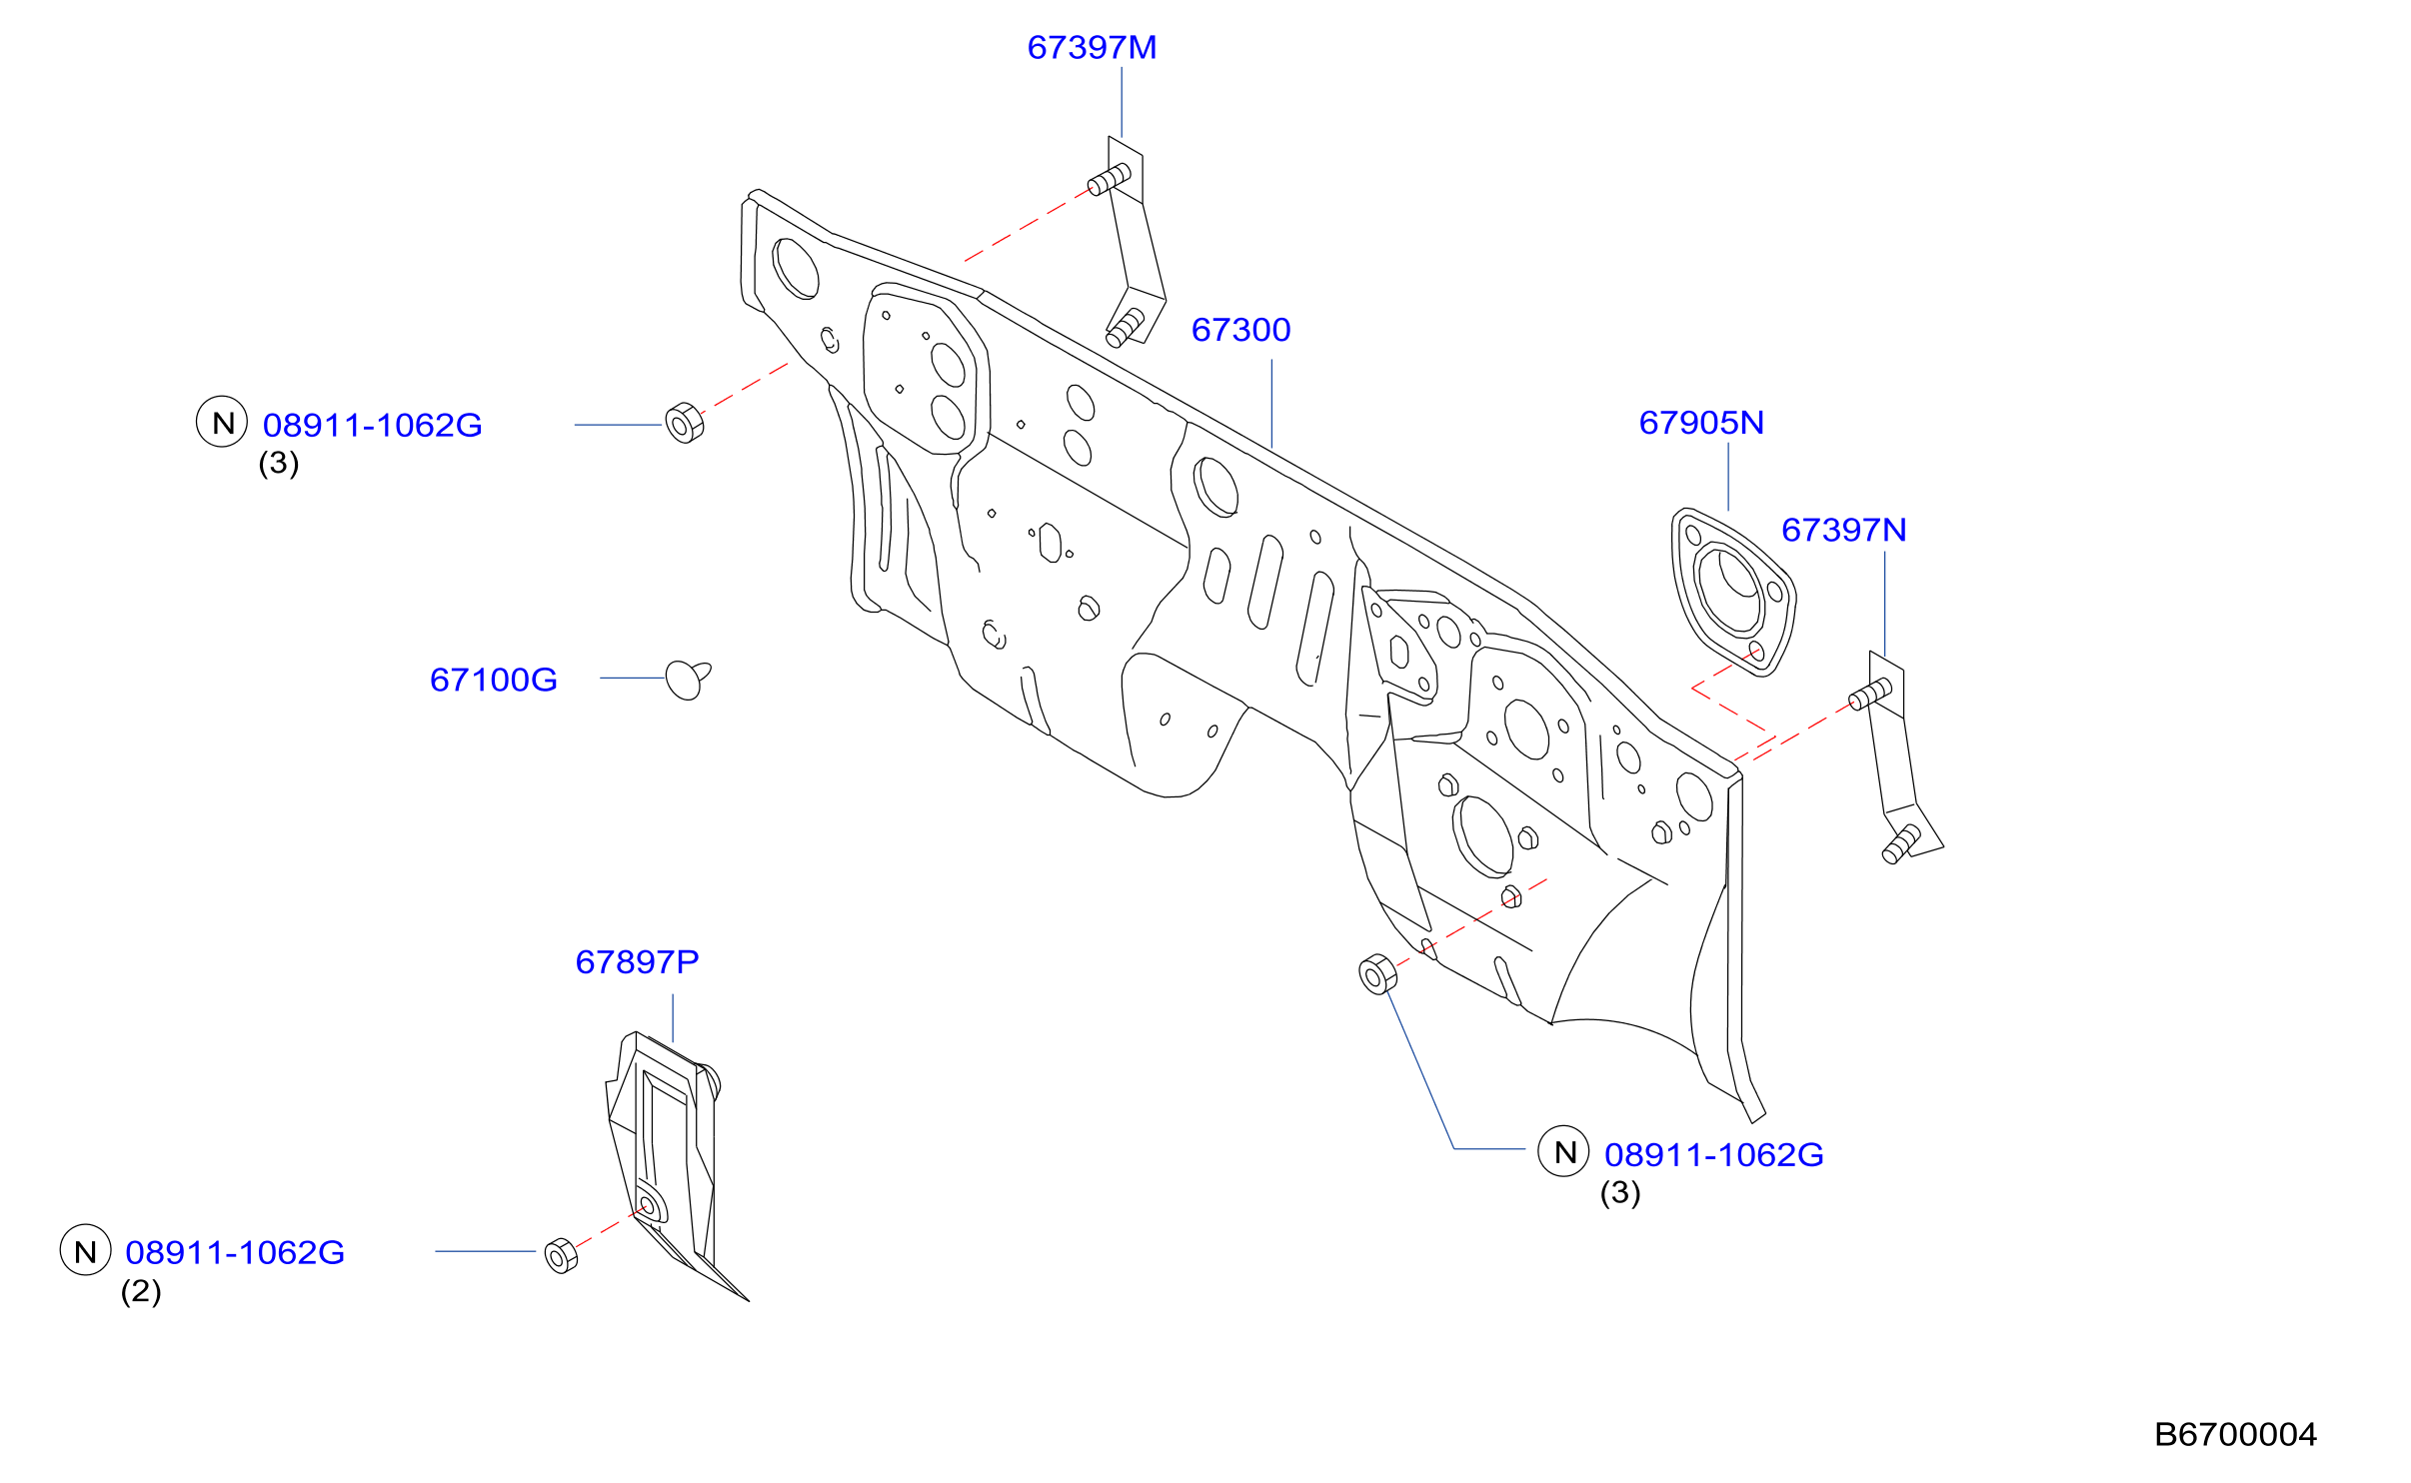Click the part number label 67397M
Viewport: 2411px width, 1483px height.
pos(1092,48)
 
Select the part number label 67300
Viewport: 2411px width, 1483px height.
pos(1240,330)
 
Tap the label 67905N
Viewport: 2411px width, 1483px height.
pos(1701,423)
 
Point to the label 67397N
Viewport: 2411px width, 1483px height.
pos(1843,530)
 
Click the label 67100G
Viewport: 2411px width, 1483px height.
pos(493,680)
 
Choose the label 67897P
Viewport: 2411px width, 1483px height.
pos(637,961)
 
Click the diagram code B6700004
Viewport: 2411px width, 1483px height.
pos(2235,1435)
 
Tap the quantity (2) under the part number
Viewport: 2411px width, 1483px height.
pos(141,1291)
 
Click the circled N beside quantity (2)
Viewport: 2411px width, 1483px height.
pos(86,1250)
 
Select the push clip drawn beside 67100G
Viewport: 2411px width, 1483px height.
pos(687,680)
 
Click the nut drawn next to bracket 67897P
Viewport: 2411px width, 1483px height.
pos(561,1256)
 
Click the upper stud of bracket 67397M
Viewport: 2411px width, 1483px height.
pos(1109,180)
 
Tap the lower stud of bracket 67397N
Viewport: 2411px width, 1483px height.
pos(1900,844)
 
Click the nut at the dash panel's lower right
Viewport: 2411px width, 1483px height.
pos(1377,974)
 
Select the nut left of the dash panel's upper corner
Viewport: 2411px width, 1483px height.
pos(685,423)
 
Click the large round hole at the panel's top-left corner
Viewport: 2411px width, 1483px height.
pos(796,269)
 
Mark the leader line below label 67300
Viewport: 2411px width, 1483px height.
pos(1271,404)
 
